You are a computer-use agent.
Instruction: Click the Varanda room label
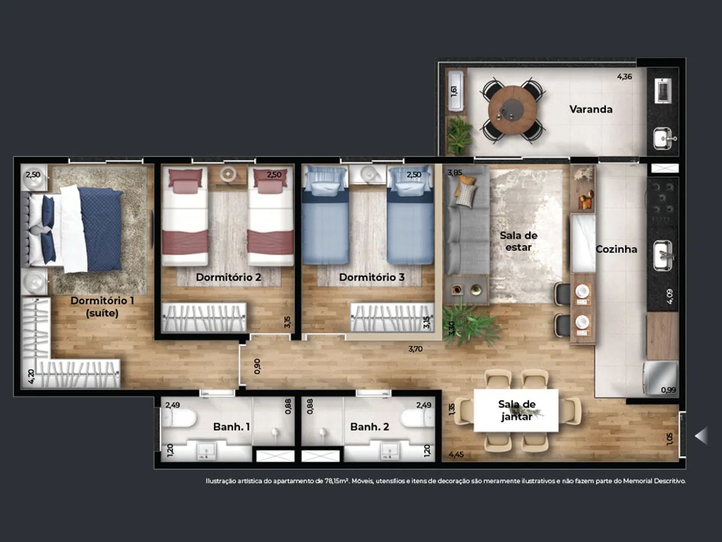click(x=591, y=110)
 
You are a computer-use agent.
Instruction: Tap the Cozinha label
click(x=617, y=249)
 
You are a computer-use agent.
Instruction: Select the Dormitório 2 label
click(x=228, y=277)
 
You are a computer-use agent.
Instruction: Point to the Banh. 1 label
click(x=232, y=427)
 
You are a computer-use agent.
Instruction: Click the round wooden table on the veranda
click(x=513, y=110)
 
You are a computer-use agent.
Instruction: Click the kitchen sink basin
click(x=663, y=255)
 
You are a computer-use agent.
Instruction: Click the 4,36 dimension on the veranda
click(x=624, y=77)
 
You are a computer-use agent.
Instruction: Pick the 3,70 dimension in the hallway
click(x=416, y=349)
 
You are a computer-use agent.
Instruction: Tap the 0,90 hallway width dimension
click(x=257, y=366)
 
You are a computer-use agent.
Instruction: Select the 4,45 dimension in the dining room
click(x=456, y=455)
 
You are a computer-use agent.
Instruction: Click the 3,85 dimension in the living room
click(x=454, y=172)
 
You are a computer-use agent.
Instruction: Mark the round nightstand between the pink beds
click(x=227, y=173)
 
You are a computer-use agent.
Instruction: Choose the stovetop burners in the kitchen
click(x=662, y=202)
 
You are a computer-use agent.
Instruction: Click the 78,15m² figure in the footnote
click(x=337, y=481)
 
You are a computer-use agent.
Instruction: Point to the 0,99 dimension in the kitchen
click(x=668, y=390)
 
